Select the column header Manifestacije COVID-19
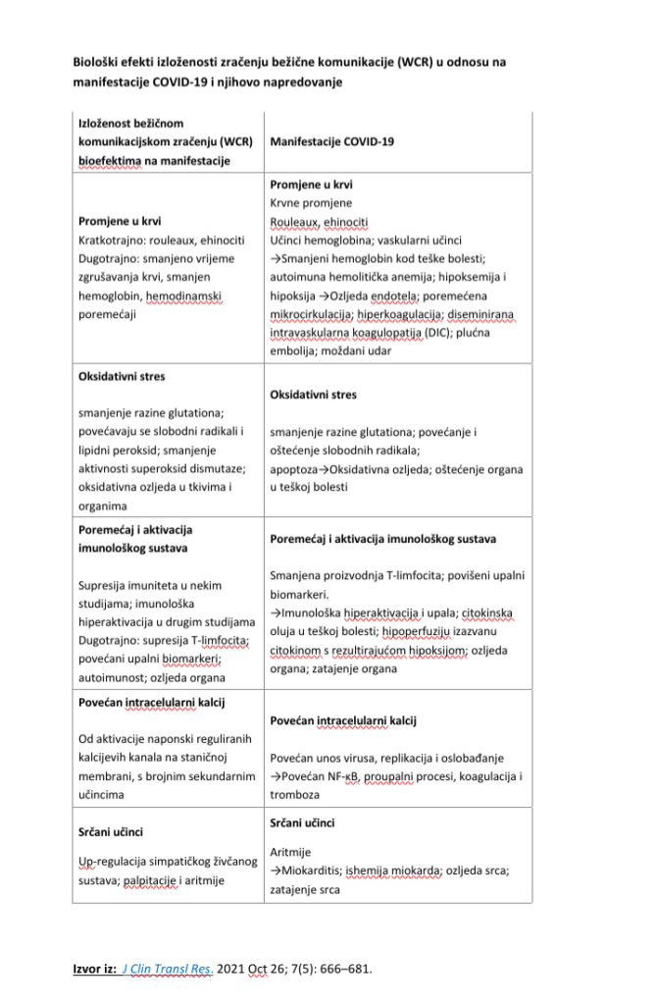click(331, 142)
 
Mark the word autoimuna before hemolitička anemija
click(298, 277)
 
